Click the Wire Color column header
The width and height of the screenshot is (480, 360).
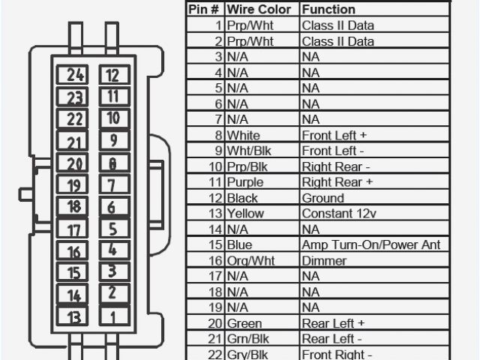(254, 10)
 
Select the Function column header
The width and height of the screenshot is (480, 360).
(328, 10)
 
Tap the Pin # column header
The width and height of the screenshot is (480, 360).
(204, 10)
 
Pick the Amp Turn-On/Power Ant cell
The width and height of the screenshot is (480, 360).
(370, 245)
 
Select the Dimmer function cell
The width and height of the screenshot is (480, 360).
(324, 261)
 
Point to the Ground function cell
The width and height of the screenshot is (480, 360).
(323, 198)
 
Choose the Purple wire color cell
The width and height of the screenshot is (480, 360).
(245, 182)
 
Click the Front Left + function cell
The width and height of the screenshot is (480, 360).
(333, 135)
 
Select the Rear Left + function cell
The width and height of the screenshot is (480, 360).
(333, 323)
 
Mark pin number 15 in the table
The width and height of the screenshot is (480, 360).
(216, 245)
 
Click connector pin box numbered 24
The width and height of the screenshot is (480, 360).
(75, 75)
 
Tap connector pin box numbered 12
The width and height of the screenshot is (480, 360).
(112, 75)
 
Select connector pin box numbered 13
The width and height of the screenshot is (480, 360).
(75, 317)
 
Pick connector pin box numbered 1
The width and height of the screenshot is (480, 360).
(112, 317)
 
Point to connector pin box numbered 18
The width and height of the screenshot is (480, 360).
(75, 207)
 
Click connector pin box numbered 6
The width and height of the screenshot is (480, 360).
(112, 207)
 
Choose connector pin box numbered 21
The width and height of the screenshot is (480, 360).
(75, 142)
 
